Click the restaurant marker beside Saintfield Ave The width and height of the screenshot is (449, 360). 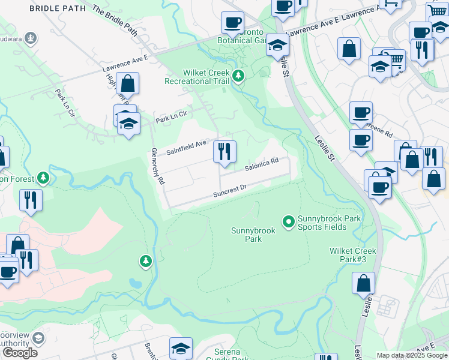point(224,151)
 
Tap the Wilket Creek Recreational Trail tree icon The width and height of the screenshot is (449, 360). point(239,76)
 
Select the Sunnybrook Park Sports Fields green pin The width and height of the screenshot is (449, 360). point(288,222)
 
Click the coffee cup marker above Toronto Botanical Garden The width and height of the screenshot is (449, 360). point(232,23)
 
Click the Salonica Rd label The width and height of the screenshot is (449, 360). point(261,164)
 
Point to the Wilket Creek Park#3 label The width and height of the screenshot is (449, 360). point(352,255)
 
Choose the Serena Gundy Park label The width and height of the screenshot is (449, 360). point(231,355)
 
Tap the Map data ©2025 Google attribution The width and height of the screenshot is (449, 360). point(412,355)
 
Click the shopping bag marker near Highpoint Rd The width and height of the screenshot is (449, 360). point(127,83)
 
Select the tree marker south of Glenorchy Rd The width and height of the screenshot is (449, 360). point(145,261)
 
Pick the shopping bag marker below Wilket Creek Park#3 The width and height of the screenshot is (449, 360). point(364,283)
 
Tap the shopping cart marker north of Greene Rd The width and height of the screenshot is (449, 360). point(395,59)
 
